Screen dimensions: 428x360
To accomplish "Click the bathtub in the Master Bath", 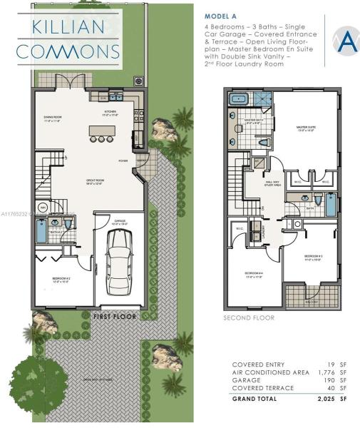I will tap(238, 99).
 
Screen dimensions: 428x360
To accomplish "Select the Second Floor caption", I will tap(249, 318).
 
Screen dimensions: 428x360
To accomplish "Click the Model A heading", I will tap(220, 15).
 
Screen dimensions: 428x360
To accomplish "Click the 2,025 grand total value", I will tap(329, 400).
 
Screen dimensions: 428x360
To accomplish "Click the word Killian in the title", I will tap(68, 27).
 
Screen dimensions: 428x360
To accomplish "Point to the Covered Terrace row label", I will tap(261, 388).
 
